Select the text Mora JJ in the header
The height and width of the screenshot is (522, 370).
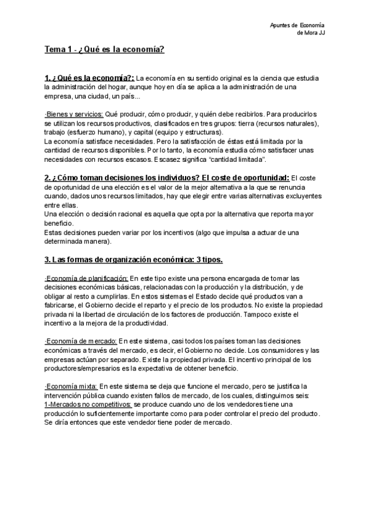(315, 33)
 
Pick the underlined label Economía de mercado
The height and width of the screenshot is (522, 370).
(81, 341)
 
